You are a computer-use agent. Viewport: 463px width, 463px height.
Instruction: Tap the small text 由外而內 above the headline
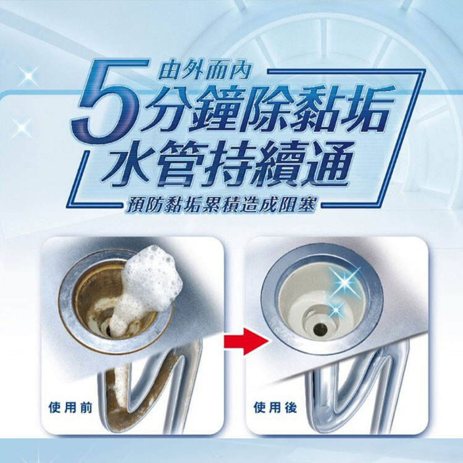click(204, 72)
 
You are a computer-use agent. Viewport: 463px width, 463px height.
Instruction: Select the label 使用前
click(70, 408)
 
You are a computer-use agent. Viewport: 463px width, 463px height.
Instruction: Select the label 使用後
click(275, 408)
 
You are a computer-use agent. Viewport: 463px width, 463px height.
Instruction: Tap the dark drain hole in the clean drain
click(320, 328)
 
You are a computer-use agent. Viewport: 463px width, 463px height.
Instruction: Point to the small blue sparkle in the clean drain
click(335, 309)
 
